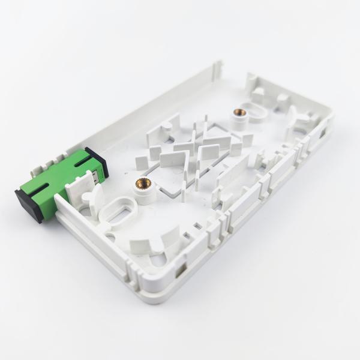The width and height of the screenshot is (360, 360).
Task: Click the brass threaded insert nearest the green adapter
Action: click(x=143, y=182)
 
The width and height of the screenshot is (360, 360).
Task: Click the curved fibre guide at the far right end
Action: click(x=298, y=120)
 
